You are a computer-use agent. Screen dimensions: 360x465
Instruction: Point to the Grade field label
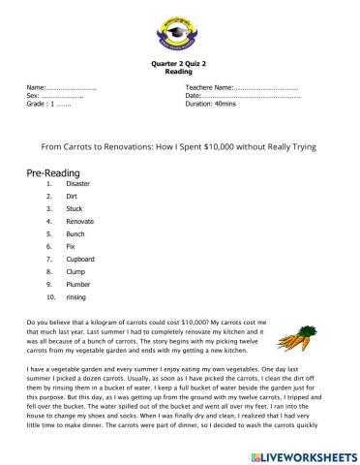38,104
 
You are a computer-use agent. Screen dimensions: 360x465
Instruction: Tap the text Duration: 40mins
211,104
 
